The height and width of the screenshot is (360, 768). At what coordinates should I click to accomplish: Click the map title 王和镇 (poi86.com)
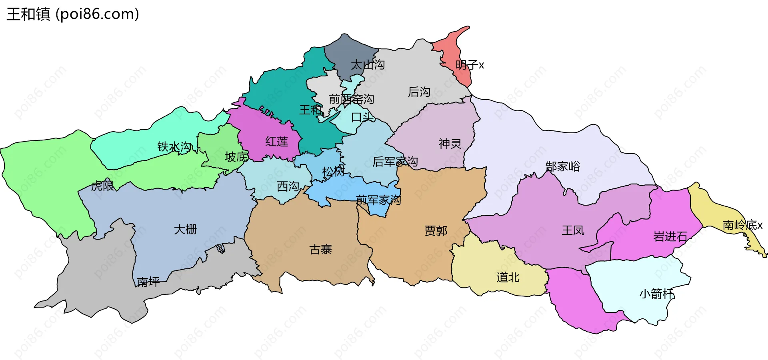[x=73, y=14]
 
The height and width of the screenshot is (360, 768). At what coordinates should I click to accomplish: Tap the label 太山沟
[x=368, y=65]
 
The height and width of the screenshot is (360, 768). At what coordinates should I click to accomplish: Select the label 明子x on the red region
[x=470, y=65]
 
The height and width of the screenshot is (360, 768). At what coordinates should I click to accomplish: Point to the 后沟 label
[x=419, y=92]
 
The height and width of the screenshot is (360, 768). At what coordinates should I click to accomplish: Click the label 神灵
[x=450, y=144]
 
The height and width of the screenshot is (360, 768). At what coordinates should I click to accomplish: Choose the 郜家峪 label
[x=563, y=166]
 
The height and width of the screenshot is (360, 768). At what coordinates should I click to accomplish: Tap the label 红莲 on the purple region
[x=277, y=142]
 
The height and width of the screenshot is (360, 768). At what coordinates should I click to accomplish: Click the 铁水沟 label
[x=175, y=147]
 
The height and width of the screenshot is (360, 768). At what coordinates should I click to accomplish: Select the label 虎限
[x=102, y=186]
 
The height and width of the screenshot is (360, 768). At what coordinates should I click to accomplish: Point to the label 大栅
[x=185, y=229]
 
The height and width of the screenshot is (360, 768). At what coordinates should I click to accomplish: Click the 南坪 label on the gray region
[x=148, y=282]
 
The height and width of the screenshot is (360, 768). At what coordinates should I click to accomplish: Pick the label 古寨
[x=321, y=250]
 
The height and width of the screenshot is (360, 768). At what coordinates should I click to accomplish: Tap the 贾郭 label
[x=436, y=231]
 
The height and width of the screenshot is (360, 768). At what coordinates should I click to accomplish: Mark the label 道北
[x=508, y=277]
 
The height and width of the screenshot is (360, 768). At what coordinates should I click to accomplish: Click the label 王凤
[x=573, y=230]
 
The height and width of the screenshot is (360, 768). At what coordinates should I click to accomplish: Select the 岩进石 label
[x=670, y=237]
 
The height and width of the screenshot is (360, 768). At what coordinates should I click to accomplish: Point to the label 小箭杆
[x=657, y=294]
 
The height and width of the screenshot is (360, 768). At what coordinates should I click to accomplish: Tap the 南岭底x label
[x=742, y=225]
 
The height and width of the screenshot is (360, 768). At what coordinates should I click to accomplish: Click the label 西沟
[x=288, y=186]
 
